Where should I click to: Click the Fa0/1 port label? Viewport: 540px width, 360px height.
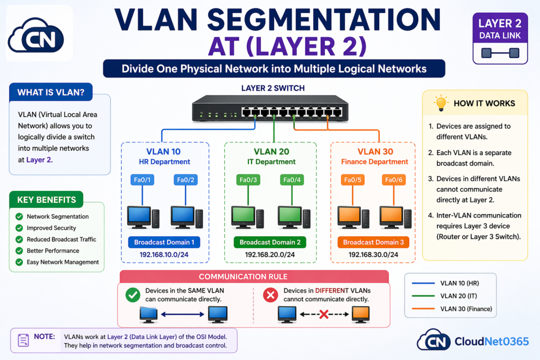click(x=142, y=180)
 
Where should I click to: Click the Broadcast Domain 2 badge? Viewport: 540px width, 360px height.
click(x=270, y=242)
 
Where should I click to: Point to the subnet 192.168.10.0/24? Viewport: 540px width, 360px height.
click(x=165, y=255)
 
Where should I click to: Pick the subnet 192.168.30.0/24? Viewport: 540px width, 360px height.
click(x=373, y=255)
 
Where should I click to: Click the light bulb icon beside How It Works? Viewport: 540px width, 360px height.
click(x=440, y=103)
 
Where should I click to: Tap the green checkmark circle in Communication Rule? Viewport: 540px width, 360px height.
click(x=133, y=295)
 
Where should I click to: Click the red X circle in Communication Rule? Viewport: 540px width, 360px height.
click(x=270, y=295)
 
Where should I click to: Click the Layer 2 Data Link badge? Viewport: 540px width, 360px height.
click(x=500, y=38)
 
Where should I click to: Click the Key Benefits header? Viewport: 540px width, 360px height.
click(x=46, y=200)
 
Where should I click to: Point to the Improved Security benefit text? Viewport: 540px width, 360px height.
click(x=51, y=228)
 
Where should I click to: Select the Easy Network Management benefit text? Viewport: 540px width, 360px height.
click(x=63, y=262)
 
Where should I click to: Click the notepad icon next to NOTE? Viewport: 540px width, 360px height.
click(x=24, y=340)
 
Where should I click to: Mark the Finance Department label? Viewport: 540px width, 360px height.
click(x=374, y=162)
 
